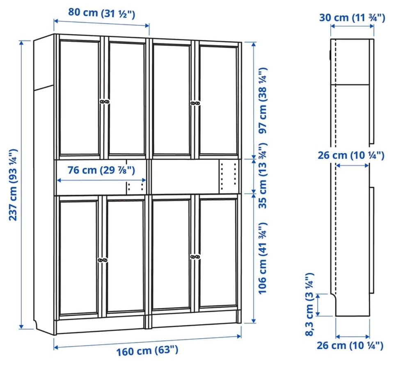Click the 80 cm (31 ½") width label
coord(101,13)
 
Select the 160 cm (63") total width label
coord(147,351)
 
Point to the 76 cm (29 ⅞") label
coord(101,170)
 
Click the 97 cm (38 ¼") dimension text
coord(263,101)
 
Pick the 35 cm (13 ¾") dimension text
coord(263,176)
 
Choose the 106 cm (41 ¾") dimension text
coord(263,258)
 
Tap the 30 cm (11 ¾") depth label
coord(352,18)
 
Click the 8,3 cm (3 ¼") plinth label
coord(309,304)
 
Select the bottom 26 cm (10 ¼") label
coord(350,345)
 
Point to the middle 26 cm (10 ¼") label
coord(351,155)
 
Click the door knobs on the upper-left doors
coord(105,102)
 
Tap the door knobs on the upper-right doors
coord(195,103)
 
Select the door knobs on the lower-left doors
coord(102,260)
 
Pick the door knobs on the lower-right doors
coord(195,257)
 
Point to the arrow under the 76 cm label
coord(101,180)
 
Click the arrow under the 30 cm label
coord(352,26)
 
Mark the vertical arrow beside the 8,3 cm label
coord(318,305)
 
